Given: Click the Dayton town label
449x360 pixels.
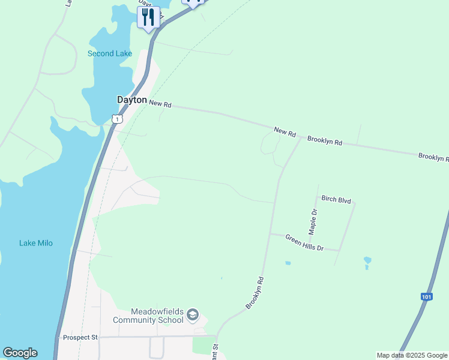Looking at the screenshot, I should coord(131,100).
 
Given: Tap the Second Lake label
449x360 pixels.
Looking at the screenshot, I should coord(109,53).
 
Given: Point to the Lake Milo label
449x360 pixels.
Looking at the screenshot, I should coord(36,243).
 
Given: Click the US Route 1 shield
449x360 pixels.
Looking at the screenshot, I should coord(117,119).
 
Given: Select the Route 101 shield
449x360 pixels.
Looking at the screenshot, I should coord(426,297).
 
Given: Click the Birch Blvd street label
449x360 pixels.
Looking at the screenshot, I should coord(336,200).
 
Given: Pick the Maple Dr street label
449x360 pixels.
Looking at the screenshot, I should coord(313,221).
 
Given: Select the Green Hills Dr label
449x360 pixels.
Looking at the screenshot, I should coord(304,243).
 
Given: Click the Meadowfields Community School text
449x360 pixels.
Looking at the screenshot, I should coord(157,316).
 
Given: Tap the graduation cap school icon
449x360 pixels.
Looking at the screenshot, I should coord(193,315).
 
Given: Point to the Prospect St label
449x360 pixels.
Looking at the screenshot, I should coord(80,338).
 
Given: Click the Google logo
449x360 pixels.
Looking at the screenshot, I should coord(20,353).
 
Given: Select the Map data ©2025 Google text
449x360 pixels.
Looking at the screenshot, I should coord(412,355).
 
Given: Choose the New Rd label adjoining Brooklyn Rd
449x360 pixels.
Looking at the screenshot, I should coord(285,131).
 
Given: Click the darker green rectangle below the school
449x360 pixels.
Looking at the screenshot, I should coord(203,345).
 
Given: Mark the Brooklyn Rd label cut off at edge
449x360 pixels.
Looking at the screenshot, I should coord(433,157).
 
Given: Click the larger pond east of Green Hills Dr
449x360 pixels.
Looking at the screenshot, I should coord(367,260).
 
